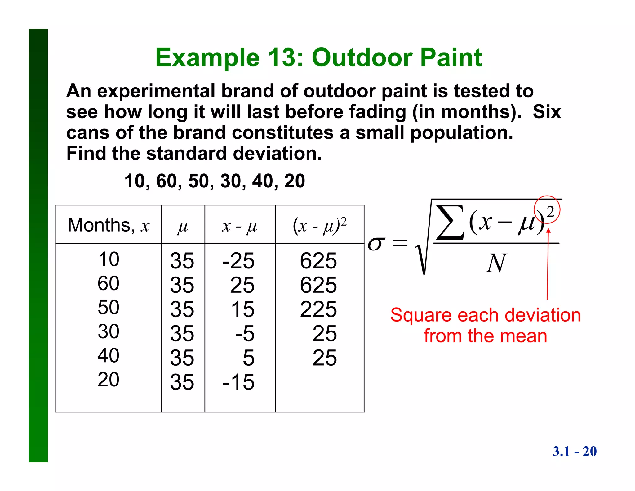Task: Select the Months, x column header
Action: click(x=109, y=225)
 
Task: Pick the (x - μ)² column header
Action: click(x=319, y=225)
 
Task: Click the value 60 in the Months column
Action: click(x=109, y=283)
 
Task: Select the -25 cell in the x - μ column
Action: click(x=238, y=261)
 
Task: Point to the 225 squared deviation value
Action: click(x=318, y=309)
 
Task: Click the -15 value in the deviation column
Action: click(x=238, y=382)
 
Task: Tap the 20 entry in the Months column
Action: click(x=109, y=379)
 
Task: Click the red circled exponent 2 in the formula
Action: click(x=550, y=212)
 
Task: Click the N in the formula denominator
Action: click(x=496, y=263)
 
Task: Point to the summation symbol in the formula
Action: click(x=450, y=222)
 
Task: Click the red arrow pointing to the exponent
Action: click(x=548, y=264)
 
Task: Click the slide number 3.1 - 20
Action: click(x=574, y=451)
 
